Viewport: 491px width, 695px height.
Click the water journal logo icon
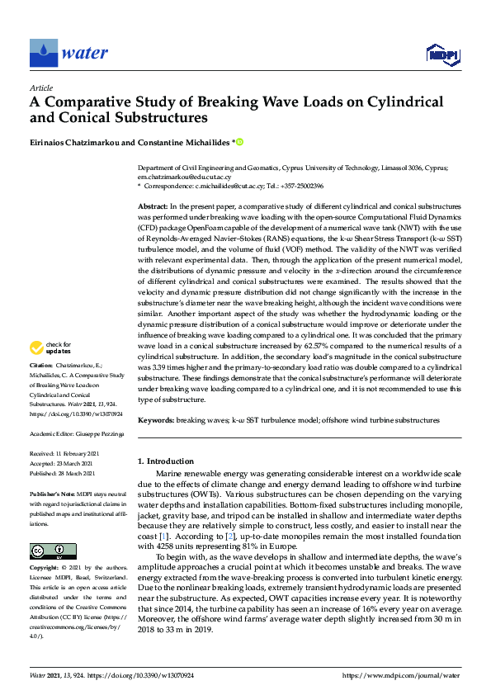point(43,53)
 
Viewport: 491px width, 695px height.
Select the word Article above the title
point(40,87)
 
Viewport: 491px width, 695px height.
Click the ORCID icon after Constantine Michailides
point(240,142)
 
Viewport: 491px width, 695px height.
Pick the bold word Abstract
point(153,204)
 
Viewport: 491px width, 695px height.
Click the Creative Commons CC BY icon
point(48,551)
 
